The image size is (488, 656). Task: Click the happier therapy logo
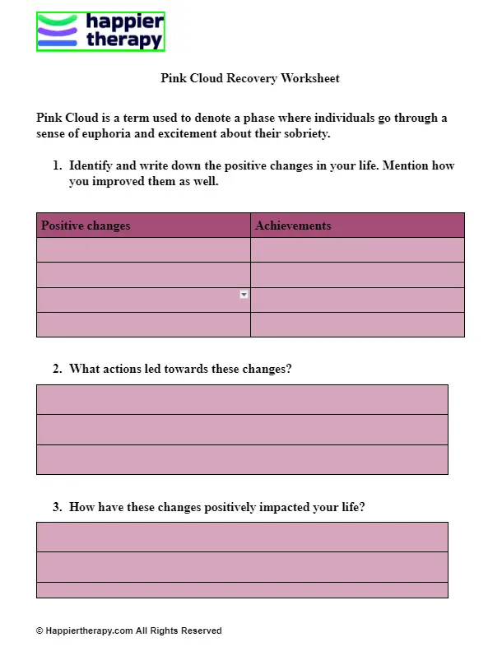100,32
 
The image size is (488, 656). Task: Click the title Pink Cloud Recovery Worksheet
249,78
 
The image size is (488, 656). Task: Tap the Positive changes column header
86,226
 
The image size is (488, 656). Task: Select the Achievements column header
293,226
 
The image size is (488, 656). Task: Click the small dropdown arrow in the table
244,295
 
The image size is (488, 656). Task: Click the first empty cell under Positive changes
143,250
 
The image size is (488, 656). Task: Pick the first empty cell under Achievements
357,250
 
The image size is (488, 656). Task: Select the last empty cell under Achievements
357,325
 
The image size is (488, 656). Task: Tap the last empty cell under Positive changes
143,325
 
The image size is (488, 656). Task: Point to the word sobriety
304,133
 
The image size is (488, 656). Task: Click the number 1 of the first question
56,165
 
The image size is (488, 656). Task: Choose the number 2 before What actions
56,369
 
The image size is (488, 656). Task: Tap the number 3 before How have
56,507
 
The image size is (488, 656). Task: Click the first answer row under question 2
242,399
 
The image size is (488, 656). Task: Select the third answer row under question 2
242,459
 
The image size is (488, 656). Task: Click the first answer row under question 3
242,537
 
